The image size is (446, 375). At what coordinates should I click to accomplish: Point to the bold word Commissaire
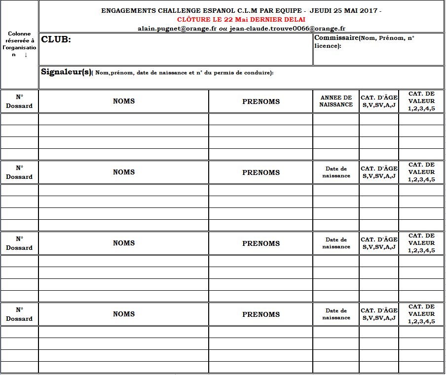pos(336,38)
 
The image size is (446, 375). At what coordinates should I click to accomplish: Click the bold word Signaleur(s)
pos(66,72)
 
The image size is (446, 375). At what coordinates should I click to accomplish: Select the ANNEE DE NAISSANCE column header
pos(336,101)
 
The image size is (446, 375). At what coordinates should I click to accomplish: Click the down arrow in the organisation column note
pos(26,55)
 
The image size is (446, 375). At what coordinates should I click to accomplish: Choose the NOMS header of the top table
pos(124,101)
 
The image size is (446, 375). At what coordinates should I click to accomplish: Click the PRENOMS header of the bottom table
pos(261,314)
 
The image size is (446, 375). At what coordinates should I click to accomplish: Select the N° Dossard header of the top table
pos(19,101)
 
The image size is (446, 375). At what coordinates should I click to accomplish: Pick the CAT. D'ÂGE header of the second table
pos(379,172)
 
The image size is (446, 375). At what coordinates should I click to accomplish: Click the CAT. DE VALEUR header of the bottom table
pos(422,314)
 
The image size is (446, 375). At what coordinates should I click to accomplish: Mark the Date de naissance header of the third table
pos(336,243)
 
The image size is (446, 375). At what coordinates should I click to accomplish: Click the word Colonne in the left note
pos(19,34)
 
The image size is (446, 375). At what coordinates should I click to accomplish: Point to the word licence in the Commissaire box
pos(326,46)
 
